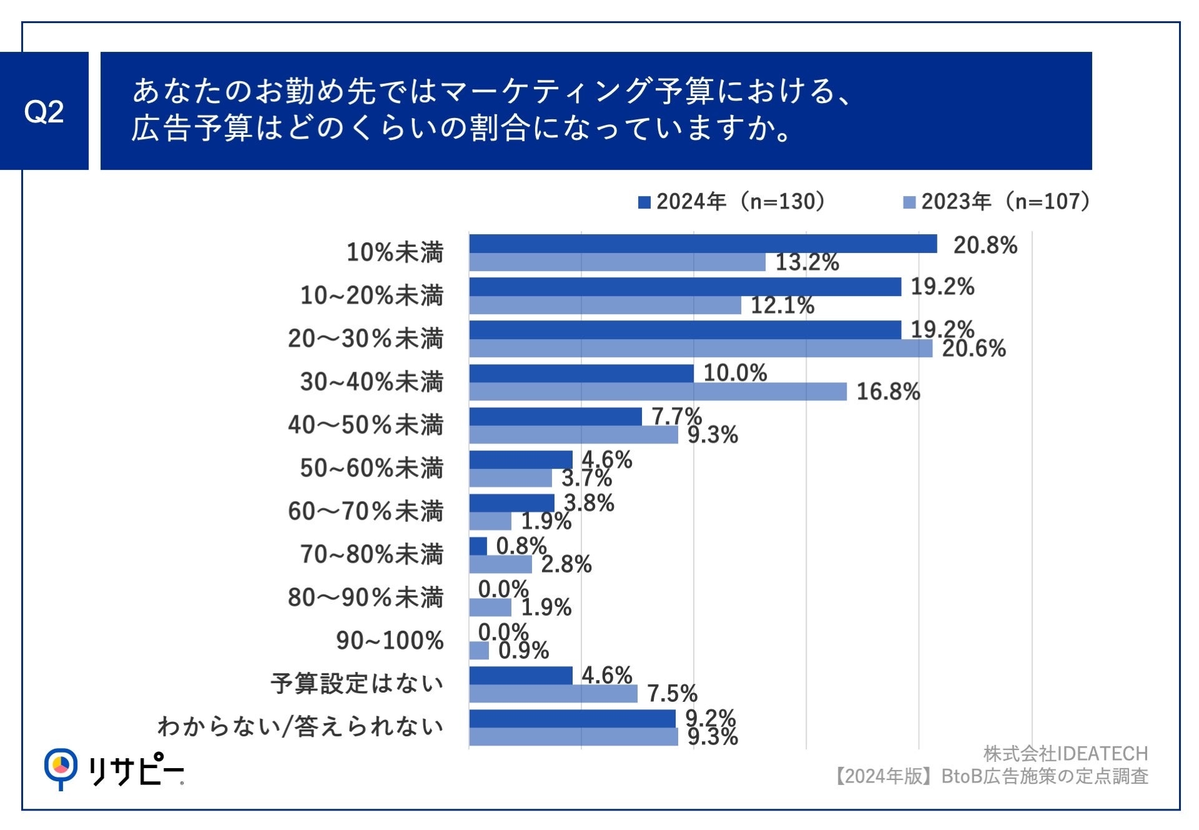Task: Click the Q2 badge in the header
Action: [44, 111]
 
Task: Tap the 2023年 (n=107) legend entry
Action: [997, 202]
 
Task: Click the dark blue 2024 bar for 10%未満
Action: [703, 244]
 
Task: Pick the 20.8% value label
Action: [985, 245]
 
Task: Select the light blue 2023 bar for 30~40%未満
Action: [658, 392]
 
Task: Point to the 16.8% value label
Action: [888, 392]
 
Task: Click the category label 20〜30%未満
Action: [365, 338]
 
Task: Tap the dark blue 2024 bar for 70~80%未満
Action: [478, 546]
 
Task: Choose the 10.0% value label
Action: [735, 373]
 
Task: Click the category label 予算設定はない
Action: [357, 683]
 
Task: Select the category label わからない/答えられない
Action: [300, 726]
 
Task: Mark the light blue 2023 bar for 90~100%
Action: [479, 651]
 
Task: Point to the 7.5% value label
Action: [672, 693]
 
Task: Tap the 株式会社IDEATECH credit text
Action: [1065, 754]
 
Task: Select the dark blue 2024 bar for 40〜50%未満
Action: [555, 417]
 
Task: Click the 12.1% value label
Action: [782, 305]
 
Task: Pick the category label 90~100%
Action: [390, 640]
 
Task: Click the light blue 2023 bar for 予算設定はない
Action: [553, 694]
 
